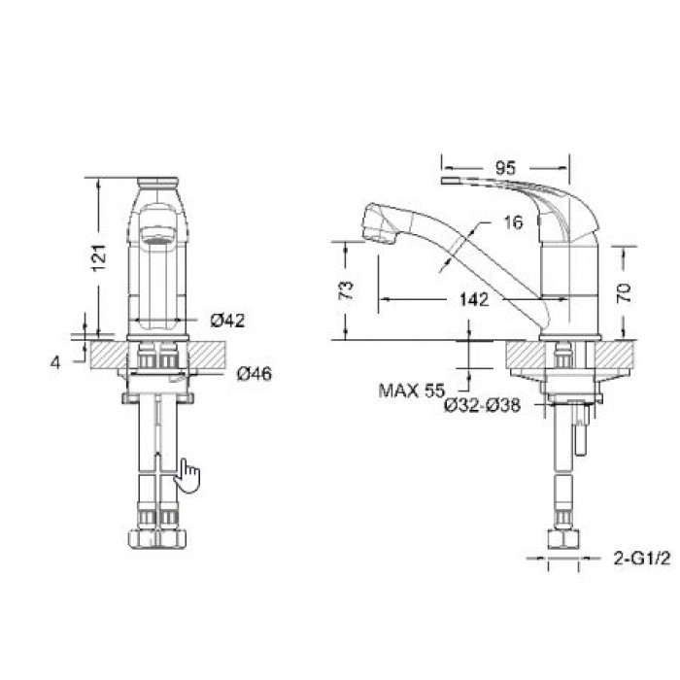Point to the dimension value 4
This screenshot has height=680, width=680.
tap(56, 361)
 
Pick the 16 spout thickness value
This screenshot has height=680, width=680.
tap(514, 222)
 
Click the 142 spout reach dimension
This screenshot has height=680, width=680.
tap(472, 300)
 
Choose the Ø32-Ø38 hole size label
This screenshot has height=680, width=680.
tap(482, 406)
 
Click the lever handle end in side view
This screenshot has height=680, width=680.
tap(451, 182)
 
